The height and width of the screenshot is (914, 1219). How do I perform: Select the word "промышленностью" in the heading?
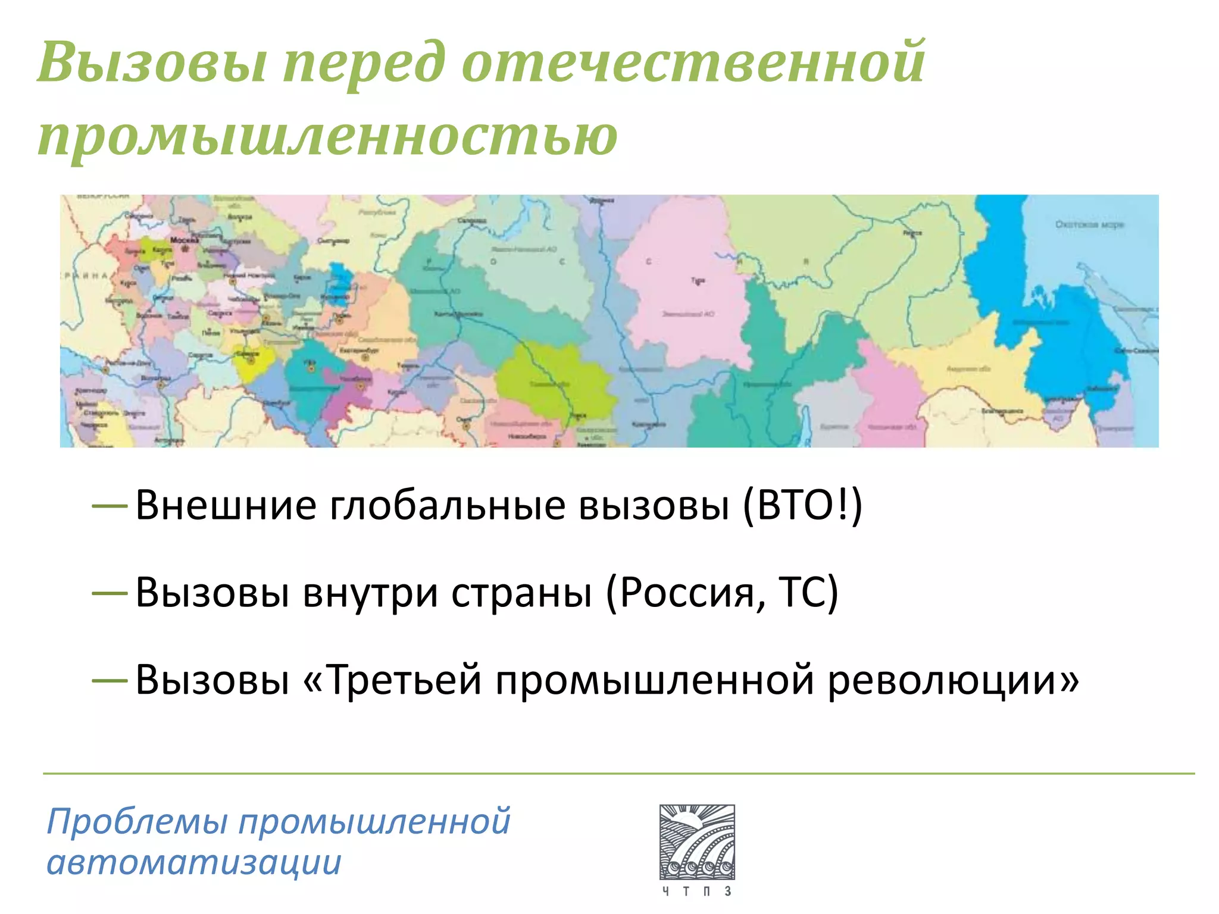click(x=327, y=136)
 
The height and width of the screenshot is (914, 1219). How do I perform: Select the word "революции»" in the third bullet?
click(x=953, y=680)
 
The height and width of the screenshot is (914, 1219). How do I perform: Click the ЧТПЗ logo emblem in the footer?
click(x=697, y=842)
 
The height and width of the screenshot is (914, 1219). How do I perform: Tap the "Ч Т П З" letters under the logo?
click(x=697, y=891)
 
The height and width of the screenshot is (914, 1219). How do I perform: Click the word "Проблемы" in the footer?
click(x=137, y=822)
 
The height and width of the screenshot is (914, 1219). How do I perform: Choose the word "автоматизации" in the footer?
click(x=194, y=862)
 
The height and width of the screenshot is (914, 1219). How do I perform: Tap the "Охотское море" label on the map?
click(x=1089, y=224)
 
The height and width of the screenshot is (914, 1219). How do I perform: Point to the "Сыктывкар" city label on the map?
click(x=333, y=241)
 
